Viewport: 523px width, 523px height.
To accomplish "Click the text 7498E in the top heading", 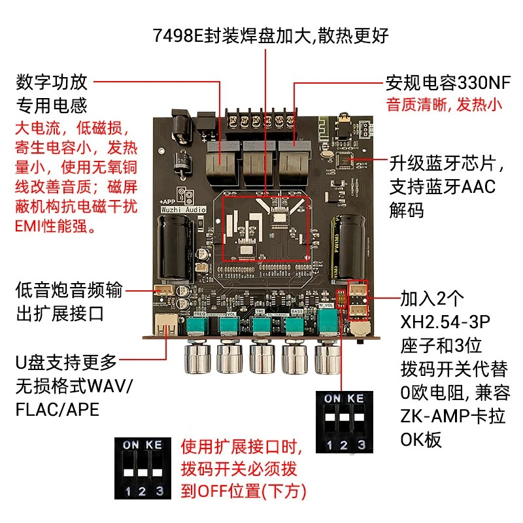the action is [178, 35].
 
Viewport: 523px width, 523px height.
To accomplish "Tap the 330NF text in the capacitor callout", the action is [484, 83].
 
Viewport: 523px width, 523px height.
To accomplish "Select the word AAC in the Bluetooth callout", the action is [479, 186].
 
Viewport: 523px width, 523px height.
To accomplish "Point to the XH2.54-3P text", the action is [445, 322].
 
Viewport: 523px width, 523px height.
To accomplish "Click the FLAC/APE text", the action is [58, 410].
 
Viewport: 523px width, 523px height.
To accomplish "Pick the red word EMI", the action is [27, 226].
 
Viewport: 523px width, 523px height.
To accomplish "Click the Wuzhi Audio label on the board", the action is [183, 210].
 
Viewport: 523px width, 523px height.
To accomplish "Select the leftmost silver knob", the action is [197, 358].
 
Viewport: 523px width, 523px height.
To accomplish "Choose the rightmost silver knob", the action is [328, 358].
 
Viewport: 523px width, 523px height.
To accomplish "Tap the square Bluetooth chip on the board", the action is [344, 160].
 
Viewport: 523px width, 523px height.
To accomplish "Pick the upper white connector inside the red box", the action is [358, 290].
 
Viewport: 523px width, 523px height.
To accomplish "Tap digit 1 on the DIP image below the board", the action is [329, 445].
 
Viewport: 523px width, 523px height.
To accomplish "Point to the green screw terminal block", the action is [261, 124].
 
